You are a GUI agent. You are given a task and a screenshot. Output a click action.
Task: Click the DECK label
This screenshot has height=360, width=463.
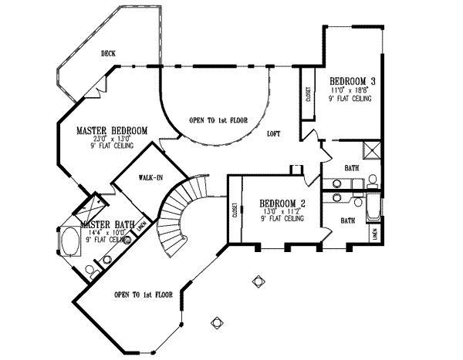108,54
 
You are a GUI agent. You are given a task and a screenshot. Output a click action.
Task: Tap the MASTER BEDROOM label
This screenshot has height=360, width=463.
112,131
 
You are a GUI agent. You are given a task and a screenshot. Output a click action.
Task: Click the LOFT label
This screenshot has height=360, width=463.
273,133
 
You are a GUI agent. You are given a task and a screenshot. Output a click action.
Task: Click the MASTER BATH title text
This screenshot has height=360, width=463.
108,225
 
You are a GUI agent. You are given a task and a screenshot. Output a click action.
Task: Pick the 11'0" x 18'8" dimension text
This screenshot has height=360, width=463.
352,90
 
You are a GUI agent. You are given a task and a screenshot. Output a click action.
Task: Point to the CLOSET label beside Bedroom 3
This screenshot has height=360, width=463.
307,96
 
